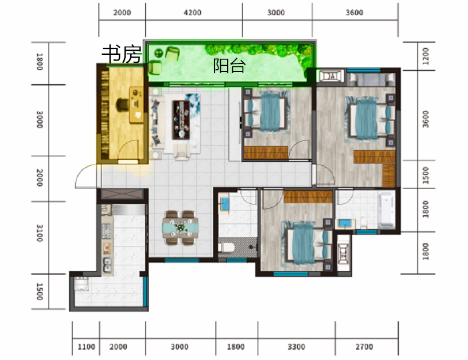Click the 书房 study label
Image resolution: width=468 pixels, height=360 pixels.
[122, 54]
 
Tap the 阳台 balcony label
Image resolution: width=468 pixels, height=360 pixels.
[229, 65]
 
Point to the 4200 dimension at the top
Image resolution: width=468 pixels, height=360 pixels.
[193, 13]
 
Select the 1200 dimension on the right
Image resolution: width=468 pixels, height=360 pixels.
[425, 56]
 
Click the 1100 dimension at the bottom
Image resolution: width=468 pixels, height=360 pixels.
[86, 347]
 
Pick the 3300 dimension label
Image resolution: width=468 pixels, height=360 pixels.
[296, 347]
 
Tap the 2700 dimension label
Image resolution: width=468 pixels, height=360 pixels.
[364, 347]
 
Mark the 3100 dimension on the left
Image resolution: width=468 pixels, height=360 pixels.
[39, 233]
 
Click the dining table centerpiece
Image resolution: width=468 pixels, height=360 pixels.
[180, 227]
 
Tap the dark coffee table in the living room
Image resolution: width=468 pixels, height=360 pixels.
[181, 120]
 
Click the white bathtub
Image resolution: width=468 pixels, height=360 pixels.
[386, 210]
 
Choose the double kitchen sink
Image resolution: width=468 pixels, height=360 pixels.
[107, 265]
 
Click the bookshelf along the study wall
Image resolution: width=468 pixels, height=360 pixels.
[104, 113]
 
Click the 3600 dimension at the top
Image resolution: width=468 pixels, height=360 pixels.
[354, 13]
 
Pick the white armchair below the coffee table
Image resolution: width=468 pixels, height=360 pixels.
[181, 151]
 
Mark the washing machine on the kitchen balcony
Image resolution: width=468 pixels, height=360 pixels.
[81, 284]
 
